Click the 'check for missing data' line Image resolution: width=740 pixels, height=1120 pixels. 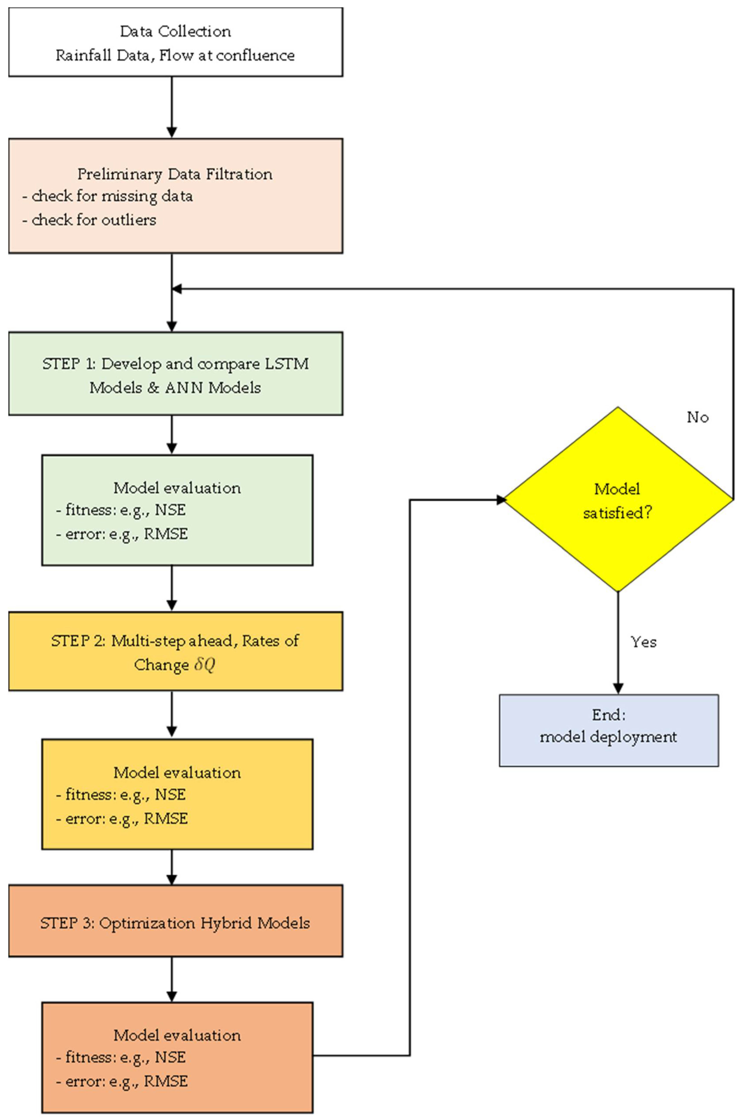click(112, 196)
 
